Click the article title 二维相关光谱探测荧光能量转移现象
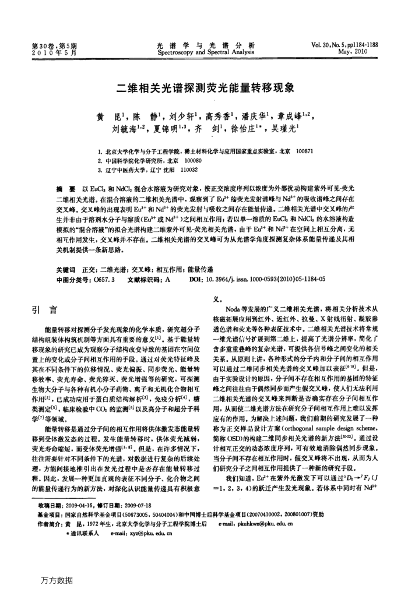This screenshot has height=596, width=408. pos(203,89)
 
